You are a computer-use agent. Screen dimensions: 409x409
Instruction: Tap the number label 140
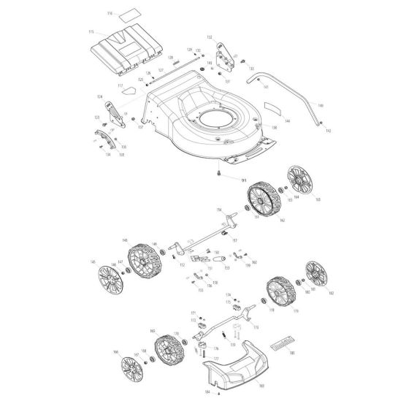click(x=321, y=105)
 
